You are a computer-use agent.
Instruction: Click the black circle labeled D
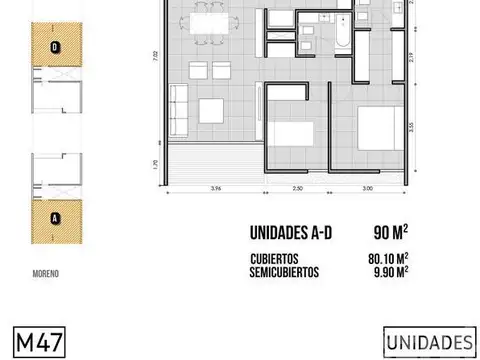(x=54, y=46)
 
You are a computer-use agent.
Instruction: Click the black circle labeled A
(x=54, y=214)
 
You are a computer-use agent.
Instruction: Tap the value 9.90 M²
(x=388, y=269)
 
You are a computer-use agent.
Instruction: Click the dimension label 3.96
(x=215, y=187)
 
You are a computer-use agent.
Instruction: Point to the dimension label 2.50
(x=297, y=187)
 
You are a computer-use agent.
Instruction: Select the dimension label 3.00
(x=367, y=187)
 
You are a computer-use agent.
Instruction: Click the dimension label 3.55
(x=412, y=127)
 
